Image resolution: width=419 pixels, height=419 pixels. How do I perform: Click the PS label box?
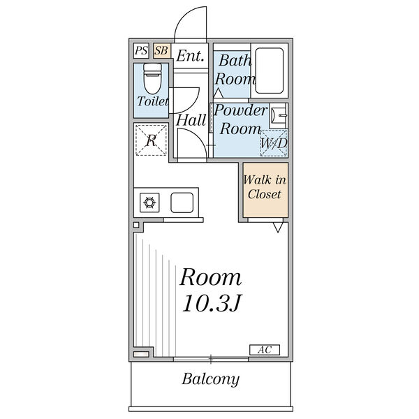click(x=141, y=51)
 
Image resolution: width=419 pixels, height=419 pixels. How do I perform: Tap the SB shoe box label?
click(x=161, y=51)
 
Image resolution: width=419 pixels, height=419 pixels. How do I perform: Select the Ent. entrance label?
click(x=189, y=56)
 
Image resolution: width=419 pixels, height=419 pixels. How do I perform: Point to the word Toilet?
click(x=152, y=102)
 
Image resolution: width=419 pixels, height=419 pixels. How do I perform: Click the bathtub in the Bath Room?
click(x=268, y=69)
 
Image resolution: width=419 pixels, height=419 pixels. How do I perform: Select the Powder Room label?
click(x=240, y=119)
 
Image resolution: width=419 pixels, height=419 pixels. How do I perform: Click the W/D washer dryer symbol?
click(x=273, y=143)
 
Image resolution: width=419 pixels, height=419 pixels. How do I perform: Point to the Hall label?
click(x=190, y=120)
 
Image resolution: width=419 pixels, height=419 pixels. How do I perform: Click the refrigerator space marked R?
click(x=151, y=139)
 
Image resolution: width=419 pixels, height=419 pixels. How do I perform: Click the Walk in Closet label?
click(x=263, y=187)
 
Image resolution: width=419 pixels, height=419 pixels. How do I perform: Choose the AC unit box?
click(x=265, y=349)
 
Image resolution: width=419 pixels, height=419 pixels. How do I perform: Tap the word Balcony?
click(x=211, y=380)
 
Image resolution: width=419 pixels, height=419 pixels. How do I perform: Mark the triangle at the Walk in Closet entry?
click(x=278, y=228)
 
